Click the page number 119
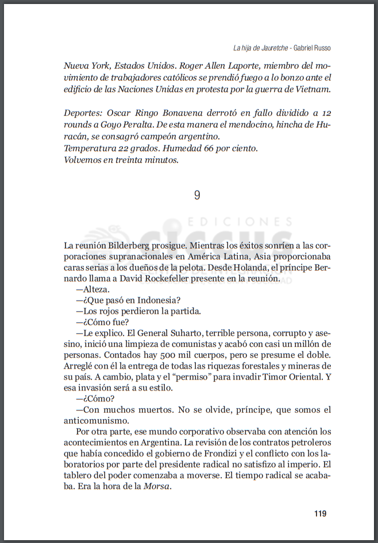click(x=321, y=513)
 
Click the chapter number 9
click(x=197, y=196)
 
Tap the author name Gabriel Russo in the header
click(x=312, y=48)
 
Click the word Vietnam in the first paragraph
click(x=312, y=89)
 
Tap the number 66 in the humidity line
click(x=210, y=148)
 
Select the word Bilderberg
click(x=133, y=244)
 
